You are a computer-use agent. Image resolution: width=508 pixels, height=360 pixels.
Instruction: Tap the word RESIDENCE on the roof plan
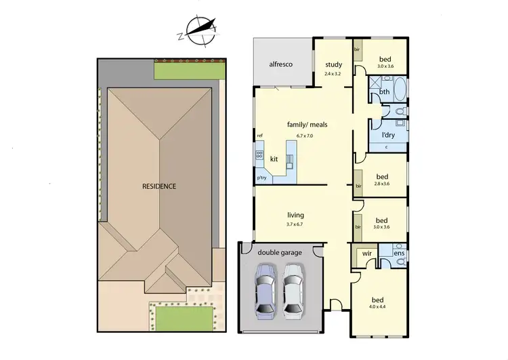point(159,186)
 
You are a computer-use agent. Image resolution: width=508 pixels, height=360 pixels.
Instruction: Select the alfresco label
point(280,65)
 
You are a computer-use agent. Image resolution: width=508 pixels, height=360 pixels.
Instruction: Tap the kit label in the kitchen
point(274,159)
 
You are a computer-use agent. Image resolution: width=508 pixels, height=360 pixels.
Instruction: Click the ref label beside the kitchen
point(259,136)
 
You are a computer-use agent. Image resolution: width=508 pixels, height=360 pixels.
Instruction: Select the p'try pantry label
point(261,178)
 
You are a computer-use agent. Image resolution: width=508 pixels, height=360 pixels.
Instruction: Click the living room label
point(296,215)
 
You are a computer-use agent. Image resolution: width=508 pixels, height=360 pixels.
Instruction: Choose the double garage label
point(278,252)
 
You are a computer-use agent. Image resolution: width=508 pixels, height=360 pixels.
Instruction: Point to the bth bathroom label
point(384,92)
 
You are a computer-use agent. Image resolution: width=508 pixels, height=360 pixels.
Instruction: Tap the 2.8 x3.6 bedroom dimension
point(381,184)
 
